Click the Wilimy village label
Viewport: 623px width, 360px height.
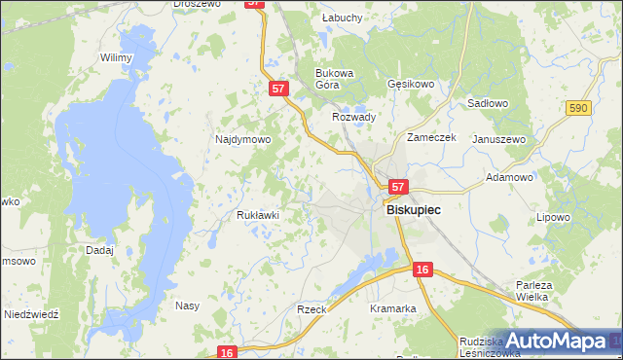pyautogui.click(x=116, y=57)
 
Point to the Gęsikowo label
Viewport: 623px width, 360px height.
pyautogui.click(x=410, y=84)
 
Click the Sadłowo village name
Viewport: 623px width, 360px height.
pyautogui.click(x=489, y=102)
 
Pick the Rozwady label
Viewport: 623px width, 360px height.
pyautogui.click(x=353, y=117)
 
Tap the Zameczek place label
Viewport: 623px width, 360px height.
pyautogui.click(x=431, y=137)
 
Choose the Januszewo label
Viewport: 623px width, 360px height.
pyautogui.click(x=498, y=139)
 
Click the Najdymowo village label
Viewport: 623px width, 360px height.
pyautogui.click(x=242, y=139)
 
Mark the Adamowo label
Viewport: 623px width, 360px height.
pyautogui.click(x=509, y=178)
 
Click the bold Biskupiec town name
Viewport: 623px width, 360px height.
pyautogui.click(x=414, y=209)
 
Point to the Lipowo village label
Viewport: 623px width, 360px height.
pyautogui.click(x=552, y=217)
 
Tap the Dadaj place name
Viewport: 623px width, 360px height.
pyautogui.click(x=99, y=250)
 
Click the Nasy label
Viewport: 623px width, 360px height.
pyautogui.click(x=187, y=306)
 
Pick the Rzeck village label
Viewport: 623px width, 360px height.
pyautogui.click(x=311, y=308)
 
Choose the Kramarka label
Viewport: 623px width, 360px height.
pyautogui.click(x=393, y=308)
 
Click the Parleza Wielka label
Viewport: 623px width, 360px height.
pyautogui.click(x=533, y=292)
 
